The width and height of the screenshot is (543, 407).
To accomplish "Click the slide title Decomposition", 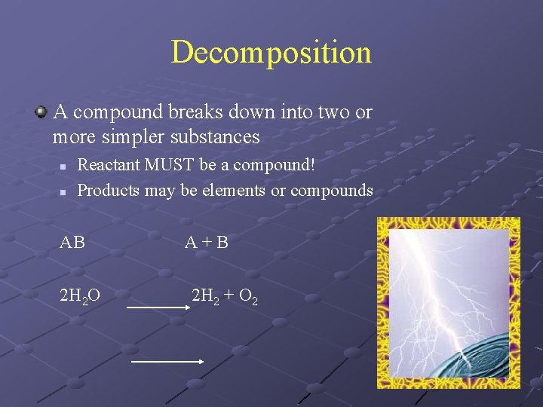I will click(x=271, y=53).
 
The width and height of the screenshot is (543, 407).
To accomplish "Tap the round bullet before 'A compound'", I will click(x=41, y=112).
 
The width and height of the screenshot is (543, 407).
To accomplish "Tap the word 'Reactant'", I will click(x=110, y=164).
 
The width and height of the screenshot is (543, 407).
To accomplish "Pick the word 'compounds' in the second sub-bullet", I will click(x=331, y=190).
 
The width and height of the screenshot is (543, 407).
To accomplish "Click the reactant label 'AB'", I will click(x=72, y=243).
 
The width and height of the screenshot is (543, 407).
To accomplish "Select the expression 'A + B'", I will click(x=207, y=243).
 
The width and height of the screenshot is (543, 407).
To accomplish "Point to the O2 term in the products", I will click(x=248, y=296).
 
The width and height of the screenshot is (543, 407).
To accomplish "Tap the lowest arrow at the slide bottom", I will click(x=167, y=361).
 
